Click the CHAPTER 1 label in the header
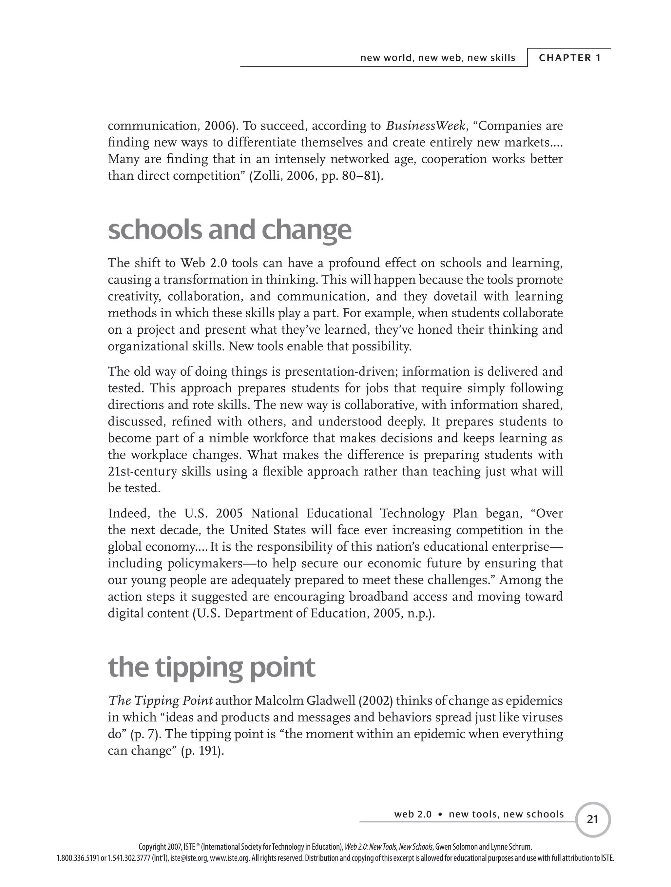(569, 58)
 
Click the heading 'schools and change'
(229, 230)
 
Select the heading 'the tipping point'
(211, 667)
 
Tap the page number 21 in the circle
(592, 819)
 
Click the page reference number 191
(208, 751)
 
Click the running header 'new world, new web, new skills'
(438, 58)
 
